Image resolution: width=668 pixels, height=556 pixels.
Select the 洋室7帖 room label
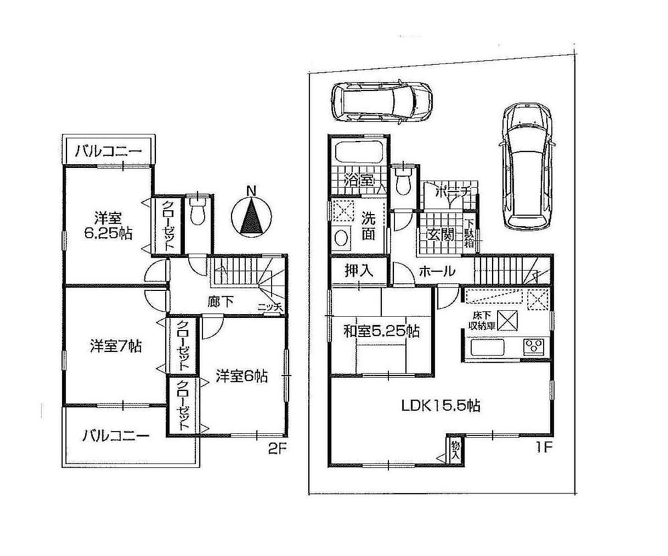(x=115, y=347)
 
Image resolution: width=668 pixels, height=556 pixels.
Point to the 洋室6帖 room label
(x=241, y=377)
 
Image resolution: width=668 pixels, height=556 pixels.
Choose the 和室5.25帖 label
(x=381, y=330)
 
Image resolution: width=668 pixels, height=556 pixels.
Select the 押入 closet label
(x=358, y=272)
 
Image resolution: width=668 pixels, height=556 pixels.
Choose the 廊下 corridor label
(x=219, y=302)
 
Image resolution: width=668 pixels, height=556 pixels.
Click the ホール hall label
(x=438, y=272)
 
